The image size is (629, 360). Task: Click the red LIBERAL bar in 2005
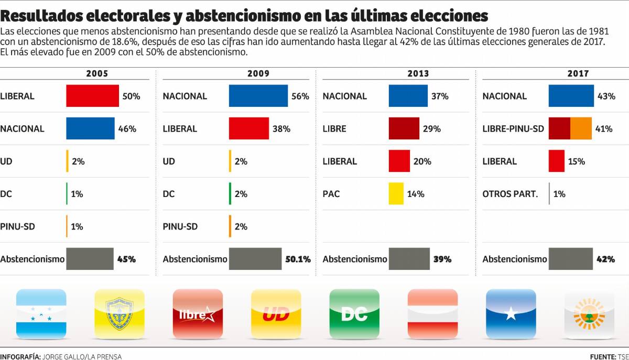92,96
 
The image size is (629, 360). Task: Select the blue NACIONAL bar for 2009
258,96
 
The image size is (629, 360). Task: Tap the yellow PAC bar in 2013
396,193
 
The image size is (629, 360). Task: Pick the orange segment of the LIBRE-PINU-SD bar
581,128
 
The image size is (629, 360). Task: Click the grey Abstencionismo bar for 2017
570,259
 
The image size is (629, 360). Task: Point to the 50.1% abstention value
297,259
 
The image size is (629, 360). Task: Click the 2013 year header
418,74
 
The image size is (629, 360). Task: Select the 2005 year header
97,74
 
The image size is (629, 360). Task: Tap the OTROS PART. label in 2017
510,194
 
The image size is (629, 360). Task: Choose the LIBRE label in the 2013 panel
334,129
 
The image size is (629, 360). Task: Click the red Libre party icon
198,313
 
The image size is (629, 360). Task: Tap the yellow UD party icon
276,313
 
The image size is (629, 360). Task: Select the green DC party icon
354,313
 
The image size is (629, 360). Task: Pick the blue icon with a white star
511,313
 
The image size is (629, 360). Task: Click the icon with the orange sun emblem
589,313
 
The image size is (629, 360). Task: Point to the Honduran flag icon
41,313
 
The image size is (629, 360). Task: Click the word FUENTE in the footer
603,356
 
